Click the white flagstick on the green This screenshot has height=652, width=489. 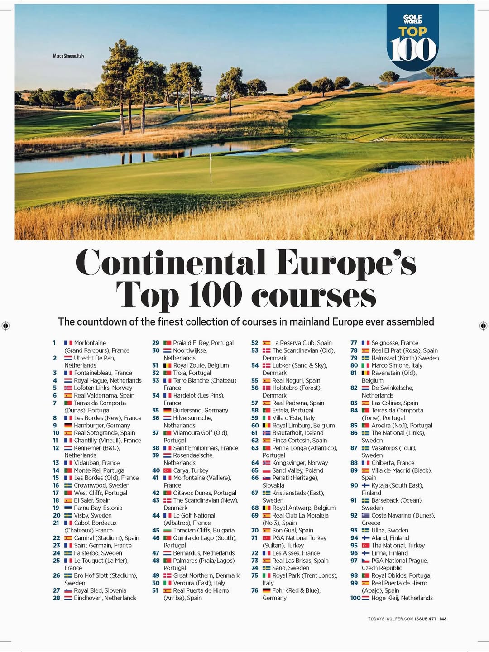click(211, 168)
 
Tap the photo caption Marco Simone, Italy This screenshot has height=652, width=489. click(68, 56)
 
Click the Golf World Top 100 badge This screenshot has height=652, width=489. click(412, 39)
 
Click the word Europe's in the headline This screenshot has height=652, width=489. click(346, 263)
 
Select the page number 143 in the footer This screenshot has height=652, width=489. click(443, 619)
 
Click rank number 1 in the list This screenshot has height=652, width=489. click(54, 343)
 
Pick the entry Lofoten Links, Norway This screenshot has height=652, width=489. click(103, 388)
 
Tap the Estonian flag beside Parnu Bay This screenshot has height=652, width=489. click(68, 508)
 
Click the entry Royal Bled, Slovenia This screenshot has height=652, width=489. click(100, 590)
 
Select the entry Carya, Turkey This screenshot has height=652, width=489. click(191, 470)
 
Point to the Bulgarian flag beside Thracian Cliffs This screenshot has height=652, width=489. click(168, 530)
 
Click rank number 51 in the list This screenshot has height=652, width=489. click(155, 590)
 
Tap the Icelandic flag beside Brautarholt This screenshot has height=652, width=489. click(267, 433)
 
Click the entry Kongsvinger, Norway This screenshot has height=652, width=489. click(300, 463)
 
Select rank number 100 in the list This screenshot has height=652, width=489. click(355, 598)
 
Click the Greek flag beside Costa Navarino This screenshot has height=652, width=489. click(366, 515)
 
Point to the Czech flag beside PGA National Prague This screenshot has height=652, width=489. click(366, 561)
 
